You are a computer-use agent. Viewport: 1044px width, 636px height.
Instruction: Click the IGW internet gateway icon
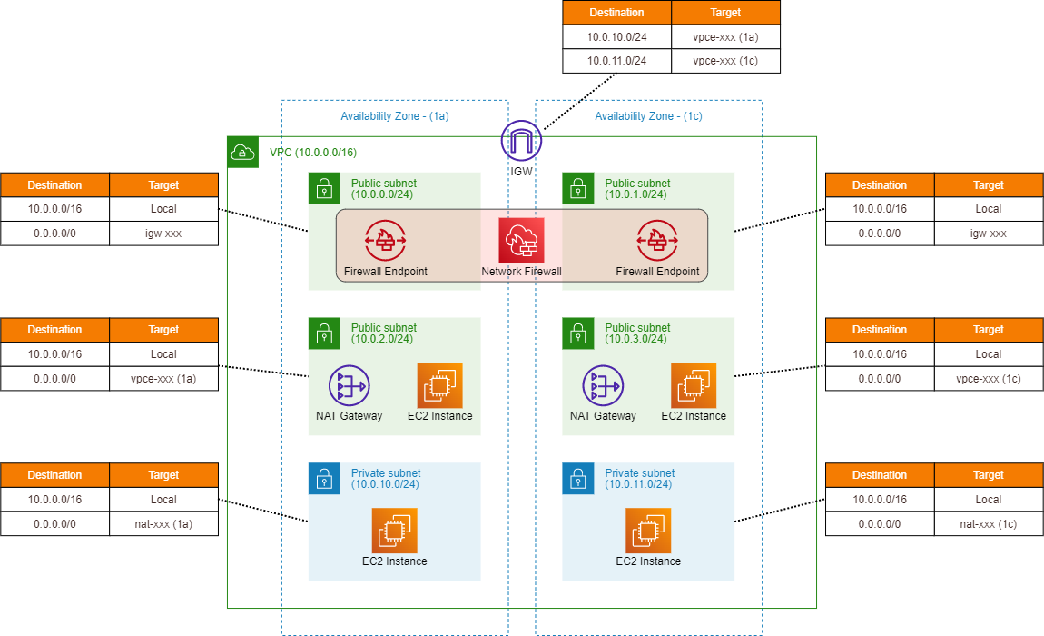point(521,141)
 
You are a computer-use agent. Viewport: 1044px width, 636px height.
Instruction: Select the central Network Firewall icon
point(521,241)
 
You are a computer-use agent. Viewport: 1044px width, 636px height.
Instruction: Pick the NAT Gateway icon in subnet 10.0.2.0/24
point(349,385)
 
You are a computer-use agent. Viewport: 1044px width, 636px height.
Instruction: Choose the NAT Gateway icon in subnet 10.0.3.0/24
point(603,385)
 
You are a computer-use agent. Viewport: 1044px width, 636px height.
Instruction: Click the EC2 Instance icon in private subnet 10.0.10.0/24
point(394,531)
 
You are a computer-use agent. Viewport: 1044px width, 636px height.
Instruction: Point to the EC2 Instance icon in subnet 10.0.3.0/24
point(694,385)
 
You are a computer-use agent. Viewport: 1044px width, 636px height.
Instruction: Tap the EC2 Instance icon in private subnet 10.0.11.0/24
point(648,531)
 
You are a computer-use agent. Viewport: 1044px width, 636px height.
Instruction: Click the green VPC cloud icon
point(242,153)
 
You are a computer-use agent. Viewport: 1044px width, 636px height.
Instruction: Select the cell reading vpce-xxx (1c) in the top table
point(725,61)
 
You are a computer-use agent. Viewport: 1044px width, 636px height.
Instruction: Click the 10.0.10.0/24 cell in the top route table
point(616,37)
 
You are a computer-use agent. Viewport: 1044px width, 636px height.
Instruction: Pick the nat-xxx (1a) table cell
point(163,523)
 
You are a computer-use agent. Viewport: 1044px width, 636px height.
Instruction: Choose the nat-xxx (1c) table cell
point(988,523)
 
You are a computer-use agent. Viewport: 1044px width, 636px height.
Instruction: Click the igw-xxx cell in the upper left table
point(163,234)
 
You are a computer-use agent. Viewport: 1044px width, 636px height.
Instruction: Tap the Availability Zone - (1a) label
point(394,116)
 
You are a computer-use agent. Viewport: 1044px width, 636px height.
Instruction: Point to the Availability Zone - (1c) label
point(648,116)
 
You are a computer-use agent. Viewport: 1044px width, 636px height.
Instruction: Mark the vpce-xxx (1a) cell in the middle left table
point(163,378)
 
